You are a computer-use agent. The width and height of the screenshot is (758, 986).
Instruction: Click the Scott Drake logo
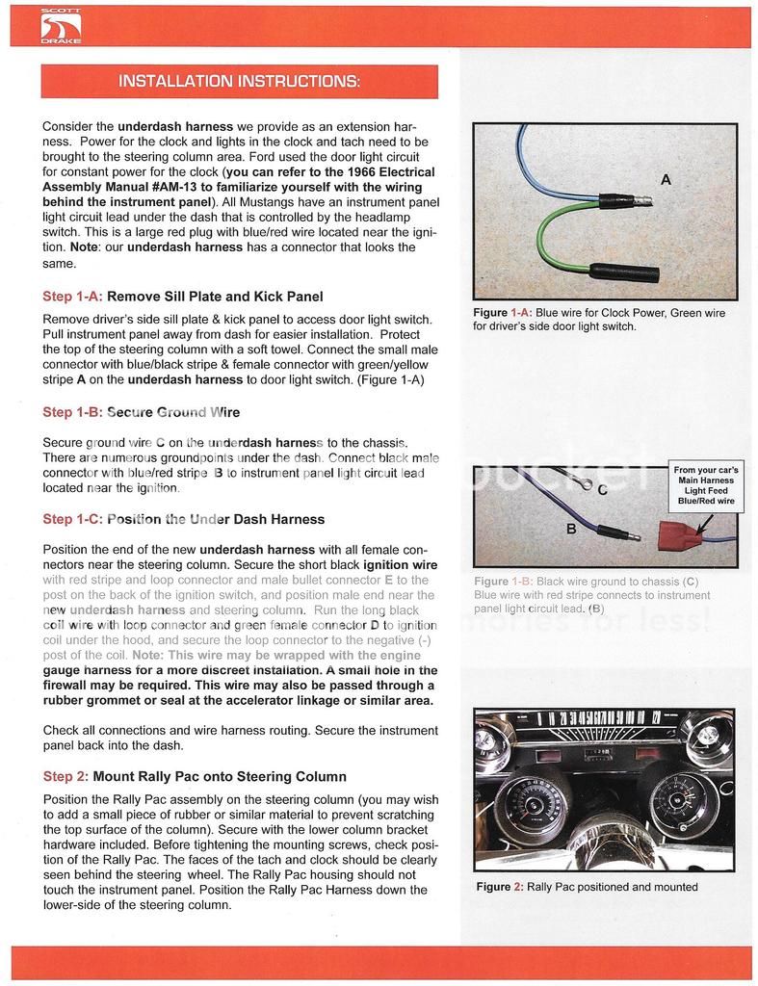(60, 26)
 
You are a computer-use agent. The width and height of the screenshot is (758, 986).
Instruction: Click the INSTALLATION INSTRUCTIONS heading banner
(239, 81)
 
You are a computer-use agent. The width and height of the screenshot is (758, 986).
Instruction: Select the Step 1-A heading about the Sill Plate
(183, 296)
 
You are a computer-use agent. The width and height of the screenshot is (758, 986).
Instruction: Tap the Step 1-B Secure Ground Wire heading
(142, 412)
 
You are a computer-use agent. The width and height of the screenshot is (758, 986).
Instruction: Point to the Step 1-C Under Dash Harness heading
(184, 519)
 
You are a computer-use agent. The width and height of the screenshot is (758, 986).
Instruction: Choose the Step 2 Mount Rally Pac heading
(195, 776)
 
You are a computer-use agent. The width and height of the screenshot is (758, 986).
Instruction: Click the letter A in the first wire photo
(666, 179)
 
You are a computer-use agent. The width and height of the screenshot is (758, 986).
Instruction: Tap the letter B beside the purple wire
(571, 528)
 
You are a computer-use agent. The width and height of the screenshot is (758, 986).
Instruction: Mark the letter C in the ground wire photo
(602, 489)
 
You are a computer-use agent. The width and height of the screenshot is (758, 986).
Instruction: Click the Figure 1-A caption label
(503, 313)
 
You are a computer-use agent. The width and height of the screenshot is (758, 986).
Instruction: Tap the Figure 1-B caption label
(503, 582)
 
